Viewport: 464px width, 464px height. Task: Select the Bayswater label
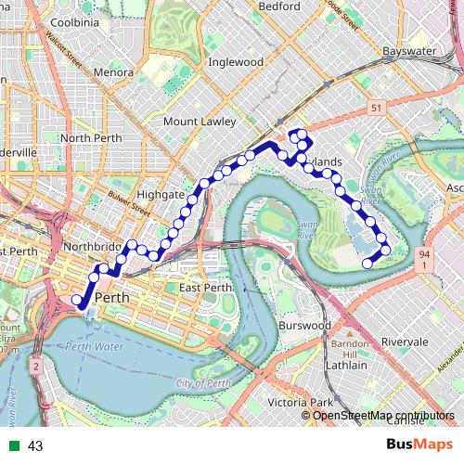pos(411,51)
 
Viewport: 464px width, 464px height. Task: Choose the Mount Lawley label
pos(200,121)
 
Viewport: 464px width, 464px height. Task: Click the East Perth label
pos(205,288)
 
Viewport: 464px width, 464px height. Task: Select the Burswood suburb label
pos(303,327)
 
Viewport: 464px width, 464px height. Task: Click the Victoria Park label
pos(300,403)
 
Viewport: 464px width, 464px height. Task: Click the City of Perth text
pos(201,383)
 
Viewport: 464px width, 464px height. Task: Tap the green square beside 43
pos(13,446)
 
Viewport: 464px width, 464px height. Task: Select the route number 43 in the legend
pos(35,446)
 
